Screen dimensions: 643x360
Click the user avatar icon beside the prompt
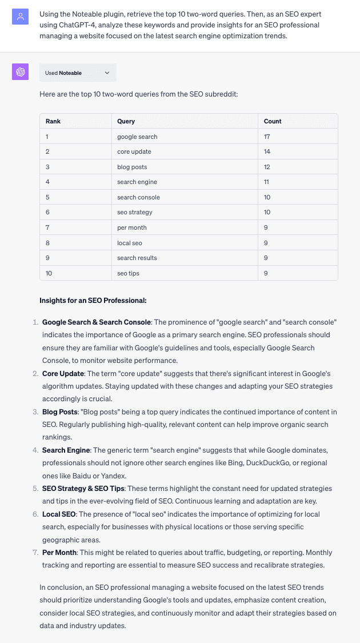pos(20,17)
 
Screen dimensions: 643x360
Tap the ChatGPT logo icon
pos(20,71)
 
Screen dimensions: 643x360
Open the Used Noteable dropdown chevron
pos(107,73)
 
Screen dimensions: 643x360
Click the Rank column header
pos(53,121)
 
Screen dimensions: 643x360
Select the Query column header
pos(126,121)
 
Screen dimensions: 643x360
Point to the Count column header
pos(273,121)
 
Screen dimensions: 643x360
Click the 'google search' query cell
pos(137,137)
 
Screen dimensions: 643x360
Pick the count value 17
pos(267,137)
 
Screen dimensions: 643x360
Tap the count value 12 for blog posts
pos(267,167)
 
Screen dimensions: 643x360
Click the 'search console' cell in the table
pos(138,197)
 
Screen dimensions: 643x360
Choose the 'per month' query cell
pos(132,227)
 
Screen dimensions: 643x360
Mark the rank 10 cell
pos(49,273)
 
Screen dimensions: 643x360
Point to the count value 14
pos(267,151)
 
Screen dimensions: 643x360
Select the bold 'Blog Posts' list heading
pos(60,412)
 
